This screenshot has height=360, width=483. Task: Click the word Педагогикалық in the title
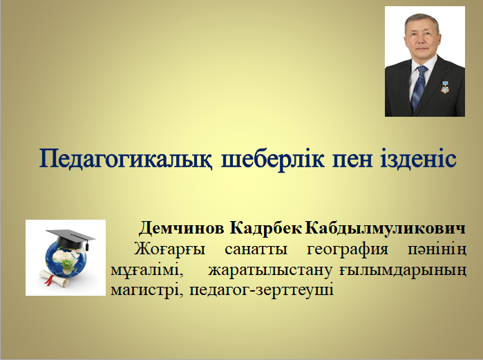click(126, 159)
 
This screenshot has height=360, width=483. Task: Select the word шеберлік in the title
click(273, 158)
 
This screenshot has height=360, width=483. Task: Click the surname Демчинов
click(182, 229)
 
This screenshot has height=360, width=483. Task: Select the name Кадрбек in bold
click(265, 229)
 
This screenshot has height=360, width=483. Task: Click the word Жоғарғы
click(169, 249)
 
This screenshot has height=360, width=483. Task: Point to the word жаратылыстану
click(270, 271)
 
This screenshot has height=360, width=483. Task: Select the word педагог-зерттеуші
click(261, 291)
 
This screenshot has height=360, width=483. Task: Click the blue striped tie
click(419, 88)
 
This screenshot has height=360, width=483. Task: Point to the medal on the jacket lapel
click(444, 87)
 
